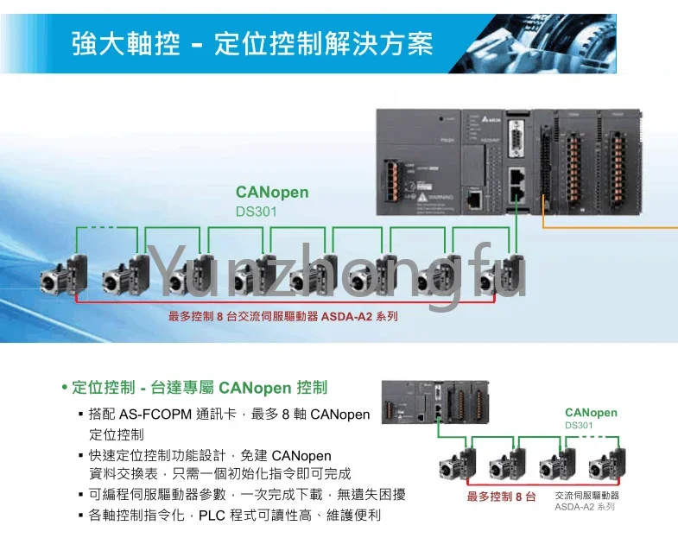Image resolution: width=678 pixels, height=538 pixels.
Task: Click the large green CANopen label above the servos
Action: (271, 192)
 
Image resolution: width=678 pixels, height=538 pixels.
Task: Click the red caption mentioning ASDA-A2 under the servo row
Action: (283, 317)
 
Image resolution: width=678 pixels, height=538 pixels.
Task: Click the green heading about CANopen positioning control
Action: (198, 388)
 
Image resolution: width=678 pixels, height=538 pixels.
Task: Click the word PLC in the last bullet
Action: (212, 515)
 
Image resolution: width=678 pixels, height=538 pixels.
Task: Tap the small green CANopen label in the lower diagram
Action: (591, 412)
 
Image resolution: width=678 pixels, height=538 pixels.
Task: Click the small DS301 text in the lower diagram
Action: (579, 425)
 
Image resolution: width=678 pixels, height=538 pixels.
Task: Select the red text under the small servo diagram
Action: (501, 497)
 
